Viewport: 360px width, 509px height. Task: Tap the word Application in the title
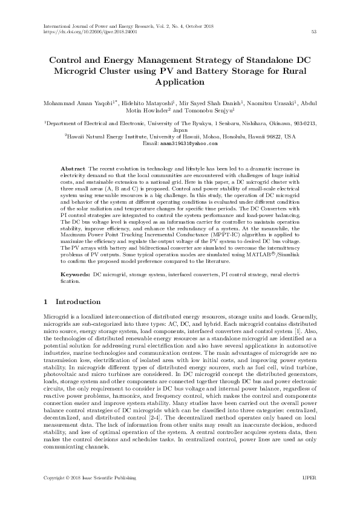click(180, 83)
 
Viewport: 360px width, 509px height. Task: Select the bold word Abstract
click(73, 167)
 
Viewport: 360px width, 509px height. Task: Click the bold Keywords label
click(76, 274)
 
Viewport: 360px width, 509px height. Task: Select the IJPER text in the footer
click(309, 495)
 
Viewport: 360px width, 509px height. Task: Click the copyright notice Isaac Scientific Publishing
click(105, 495)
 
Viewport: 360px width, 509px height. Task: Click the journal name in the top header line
click(97, 25)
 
